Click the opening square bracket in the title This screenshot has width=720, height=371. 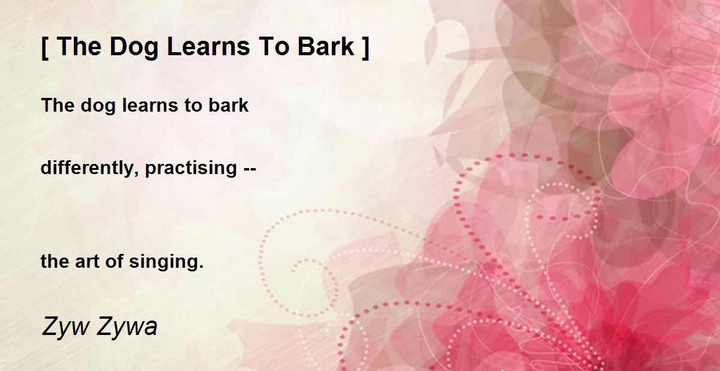pyautogui.click(x=45, y=48)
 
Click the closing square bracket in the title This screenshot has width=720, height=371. pyautogui.click(x=365, y=48)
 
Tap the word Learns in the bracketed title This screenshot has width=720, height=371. pyautogui.click(x=208, y=47)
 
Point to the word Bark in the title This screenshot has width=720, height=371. pyautogui.click(x=326, y=47)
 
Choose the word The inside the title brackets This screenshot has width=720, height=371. pyautogui.click(x=79, y=47)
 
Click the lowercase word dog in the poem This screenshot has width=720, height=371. pyautogui.click(x=98, y=106)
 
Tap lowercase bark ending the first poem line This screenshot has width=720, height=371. pyautogui.click(x=229, y=105)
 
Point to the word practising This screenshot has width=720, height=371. pyautogui.click(x=191, y=169)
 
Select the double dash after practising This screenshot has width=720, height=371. pyautogui.click(x=250, y=169)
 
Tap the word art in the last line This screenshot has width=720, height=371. pyautogui.click(x=87, y=262)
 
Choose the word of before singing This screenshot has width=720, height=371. pyautogui.click(x=115, y=261)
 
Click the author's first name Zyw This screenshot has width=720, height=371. pyautogui.click(x=65, y=327)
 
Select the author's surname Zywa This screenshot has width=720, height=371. pyautogui.click(x=127, y=327)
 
